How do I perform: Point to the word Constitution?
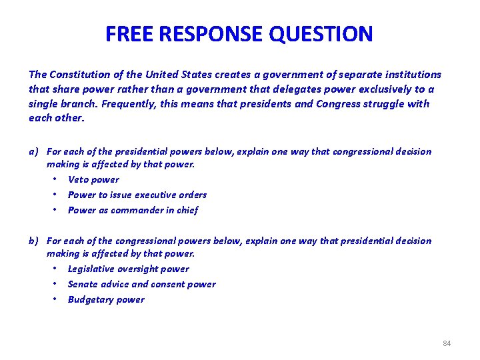coord(80,75)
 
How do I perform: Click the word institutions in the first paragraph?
coord(408,75)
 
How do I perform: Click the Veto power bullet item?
coord(93,179)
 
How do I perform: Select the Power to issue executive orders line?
coord(137,195)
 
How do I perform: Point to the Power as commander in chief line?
coord(133,210)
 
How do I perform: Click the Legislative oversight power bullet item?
coord(129,269)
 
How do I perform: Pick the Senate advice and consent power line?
coord(141,284)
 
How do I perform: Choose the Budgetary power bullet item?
coord(106,299)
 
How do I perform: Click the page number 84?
coord(447,343)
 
